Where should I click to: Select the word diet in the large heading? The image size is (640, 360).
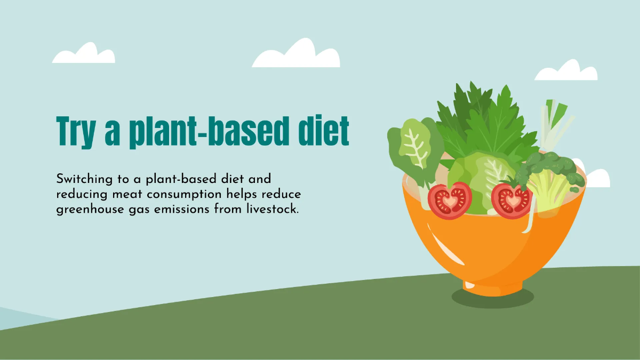click(x=323, y=131)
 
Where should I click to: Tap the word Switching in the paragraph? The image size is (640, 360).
click(x=84, y=180)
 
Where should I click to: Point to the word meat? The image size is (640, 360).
click(x=127, y=195)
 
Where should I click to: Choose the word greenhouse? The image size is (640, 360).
click(x=90, y=210)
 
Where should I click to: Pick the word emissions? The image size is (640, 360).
click(x=182, y=210)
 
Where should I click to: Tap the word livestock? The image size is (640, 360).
click(x=273, y=209)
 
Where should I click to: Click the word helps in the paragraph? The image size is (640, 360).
click(x=242, y=195)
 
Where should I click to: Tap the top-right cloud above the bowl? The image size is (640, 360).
click(x=566, y=71)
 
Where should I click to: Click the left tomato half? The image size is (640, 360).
click(x=450, y=201)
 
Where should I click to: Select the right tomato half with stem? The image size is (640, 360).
click(x=511, y=200)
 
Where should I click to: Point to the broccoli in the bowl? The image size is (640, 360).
click(x=550, y=177)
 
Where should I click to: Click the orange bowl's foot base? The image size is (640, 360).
click(x=493, y=288)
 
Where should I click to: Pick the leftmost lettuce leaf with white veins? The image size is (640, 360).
click(x=415, y=151)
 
